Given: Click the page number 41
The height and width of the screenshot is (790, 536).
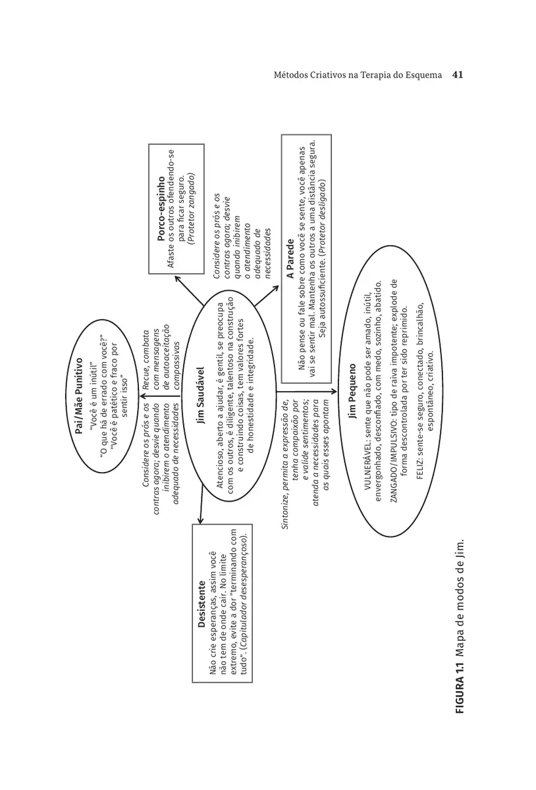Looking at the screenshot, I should coord(458,75).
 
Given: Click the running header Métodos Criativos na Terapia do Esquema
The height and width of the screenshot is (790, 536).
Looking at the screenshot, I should coord(358,75).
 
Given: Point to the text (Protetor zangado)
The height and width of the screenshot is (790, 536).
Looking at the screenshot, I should coord(192,209).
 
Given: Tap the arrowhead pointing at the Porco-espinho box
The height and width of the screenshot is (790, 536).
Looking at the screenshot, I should coord(177,279).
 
